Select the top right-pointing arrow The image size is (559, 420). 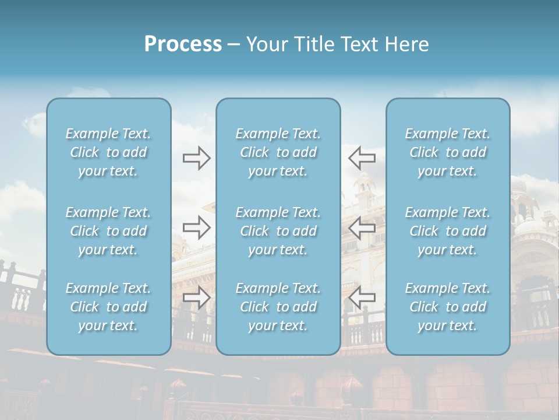click(x=196, y=157)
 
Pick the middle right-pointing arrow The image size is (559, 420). click(x=196, y=228)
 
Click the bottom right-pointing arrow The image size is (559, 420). click(x=196, y=297)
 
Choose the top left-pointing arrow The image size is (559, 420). click(x=362, y=157)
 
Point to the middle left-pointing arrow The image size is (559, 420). click(x=362, y=228)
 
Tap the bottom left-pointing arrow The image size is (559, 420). click(x=362, y=297)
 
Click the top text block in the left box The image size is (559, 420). click(x=108, y=152)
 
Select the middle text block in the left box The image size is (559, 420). click(x=108, y=231)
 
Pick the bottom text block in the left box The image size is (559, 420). click(x=108, y=307)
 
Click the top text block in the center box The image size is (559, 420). click(x=278, y=152)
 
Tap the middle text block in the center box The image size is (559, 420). click(x=278, y=231)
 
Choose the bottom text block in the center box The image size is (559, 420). click(x=278, y=307)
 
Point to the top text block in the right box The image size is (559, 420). click(x=448, y=152)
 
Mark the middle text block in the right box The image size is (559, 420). click(x=448, y=231)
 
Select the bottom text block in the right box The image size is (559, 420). click(x=448, y=307)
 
